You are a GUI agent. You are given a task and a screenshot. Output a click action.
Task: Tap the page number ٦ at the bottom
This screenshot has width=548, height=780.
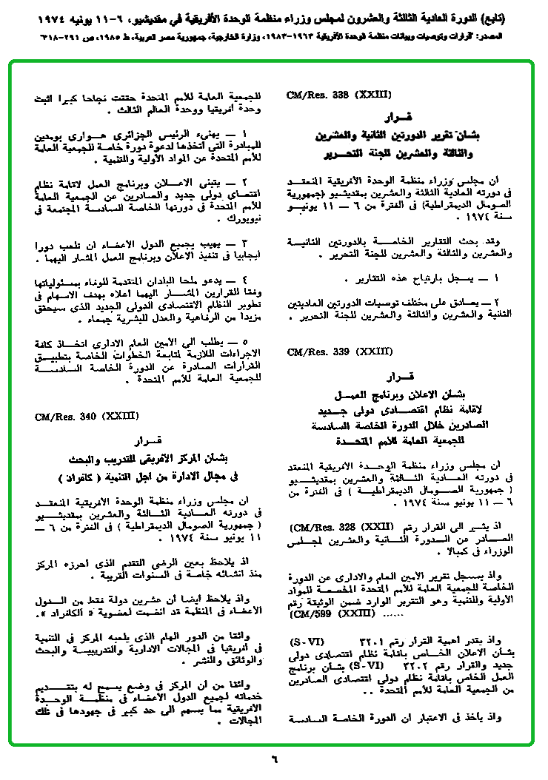point(273,759)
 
